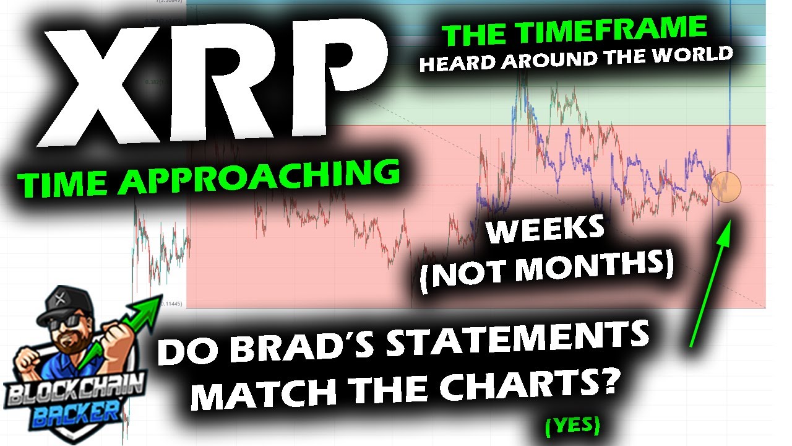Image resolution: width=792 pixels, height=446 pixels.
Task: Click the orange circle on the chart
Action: [726, 186]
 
